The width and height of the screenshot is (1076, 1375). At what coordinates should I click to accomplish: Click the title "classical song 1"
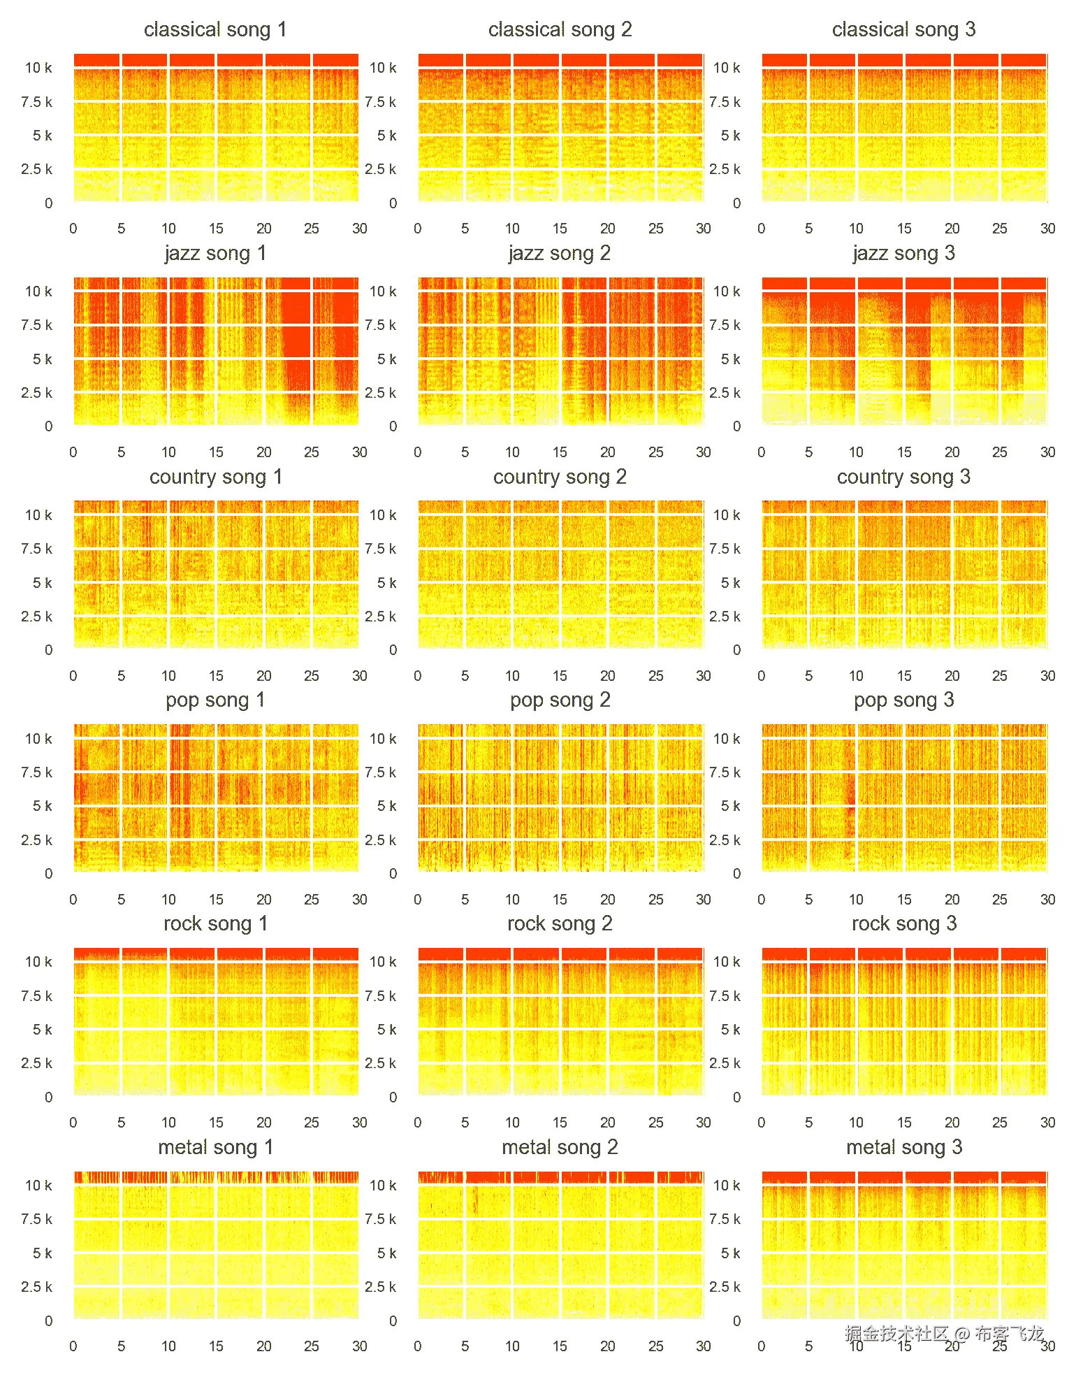pos(215,29)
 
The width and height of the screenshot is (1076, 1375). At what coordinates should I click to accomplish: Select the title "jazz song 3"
pos(903,253)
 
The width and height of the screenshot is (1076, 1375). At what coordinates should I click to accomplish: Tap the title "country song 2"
pos(560,477)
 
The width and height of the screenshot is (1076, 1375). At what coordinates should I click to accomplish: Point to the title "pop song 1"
pos(215,700)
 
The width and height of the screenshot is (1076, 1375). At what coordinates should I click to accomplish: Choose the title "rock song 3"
pos(903,923)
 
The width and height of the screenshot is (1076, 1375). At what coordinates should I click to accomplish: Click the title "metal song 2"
pos(560,1147)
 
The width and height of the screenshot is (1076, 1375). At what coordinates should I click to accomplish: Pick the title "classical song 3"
pos(903,29)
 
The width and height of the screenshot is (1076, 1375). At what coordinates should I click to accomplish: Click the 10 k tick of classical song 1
pos(38,68)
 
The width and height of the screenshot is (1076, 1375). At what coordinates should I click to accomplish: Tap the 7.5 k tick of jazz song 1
pos(36,325)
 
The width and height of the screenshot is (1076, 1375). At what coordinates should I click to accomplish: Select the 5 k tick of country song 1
pos(42,582)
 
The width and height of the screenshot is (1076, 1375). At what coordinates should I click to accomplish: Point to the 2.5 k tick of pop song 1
pos(36,840)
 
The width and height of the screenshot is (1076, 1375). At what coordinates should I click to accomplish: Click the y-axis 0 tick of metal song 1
pos(48,1320)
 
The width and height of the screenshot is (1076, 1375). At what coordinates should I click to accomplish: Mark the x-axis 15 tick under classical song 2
pos(560,229)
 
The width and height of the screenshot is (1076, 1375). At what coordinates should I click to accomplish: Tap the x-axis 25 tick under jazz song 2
pos(655,452)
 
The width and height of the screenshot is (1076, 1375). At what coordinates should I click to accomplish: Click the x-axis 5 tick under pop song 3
pos(808,899)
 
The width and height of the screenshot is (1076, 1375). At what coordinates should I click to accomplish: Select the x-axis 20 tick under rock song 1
pos(263,1122)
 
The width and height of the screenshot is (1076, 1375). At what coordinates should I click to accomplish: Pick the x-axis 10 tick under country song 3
pos(856,675)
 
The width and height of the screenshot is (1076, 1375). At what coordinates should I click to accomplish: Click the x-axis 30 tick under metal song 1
pos(359,1346)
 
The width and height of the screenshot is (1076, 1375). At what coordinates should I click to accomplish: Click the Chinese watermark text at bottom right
pos(944,1334)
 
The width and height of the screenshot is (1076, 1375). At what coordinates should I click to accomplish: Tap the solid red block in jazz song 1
pos(296,336)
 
